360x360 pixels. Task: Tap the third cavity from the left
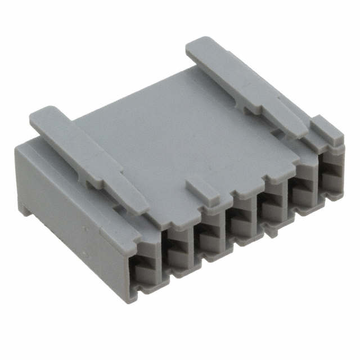tap(209, 236)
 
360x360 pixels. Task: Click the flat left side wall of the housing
tap(67, 208)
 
